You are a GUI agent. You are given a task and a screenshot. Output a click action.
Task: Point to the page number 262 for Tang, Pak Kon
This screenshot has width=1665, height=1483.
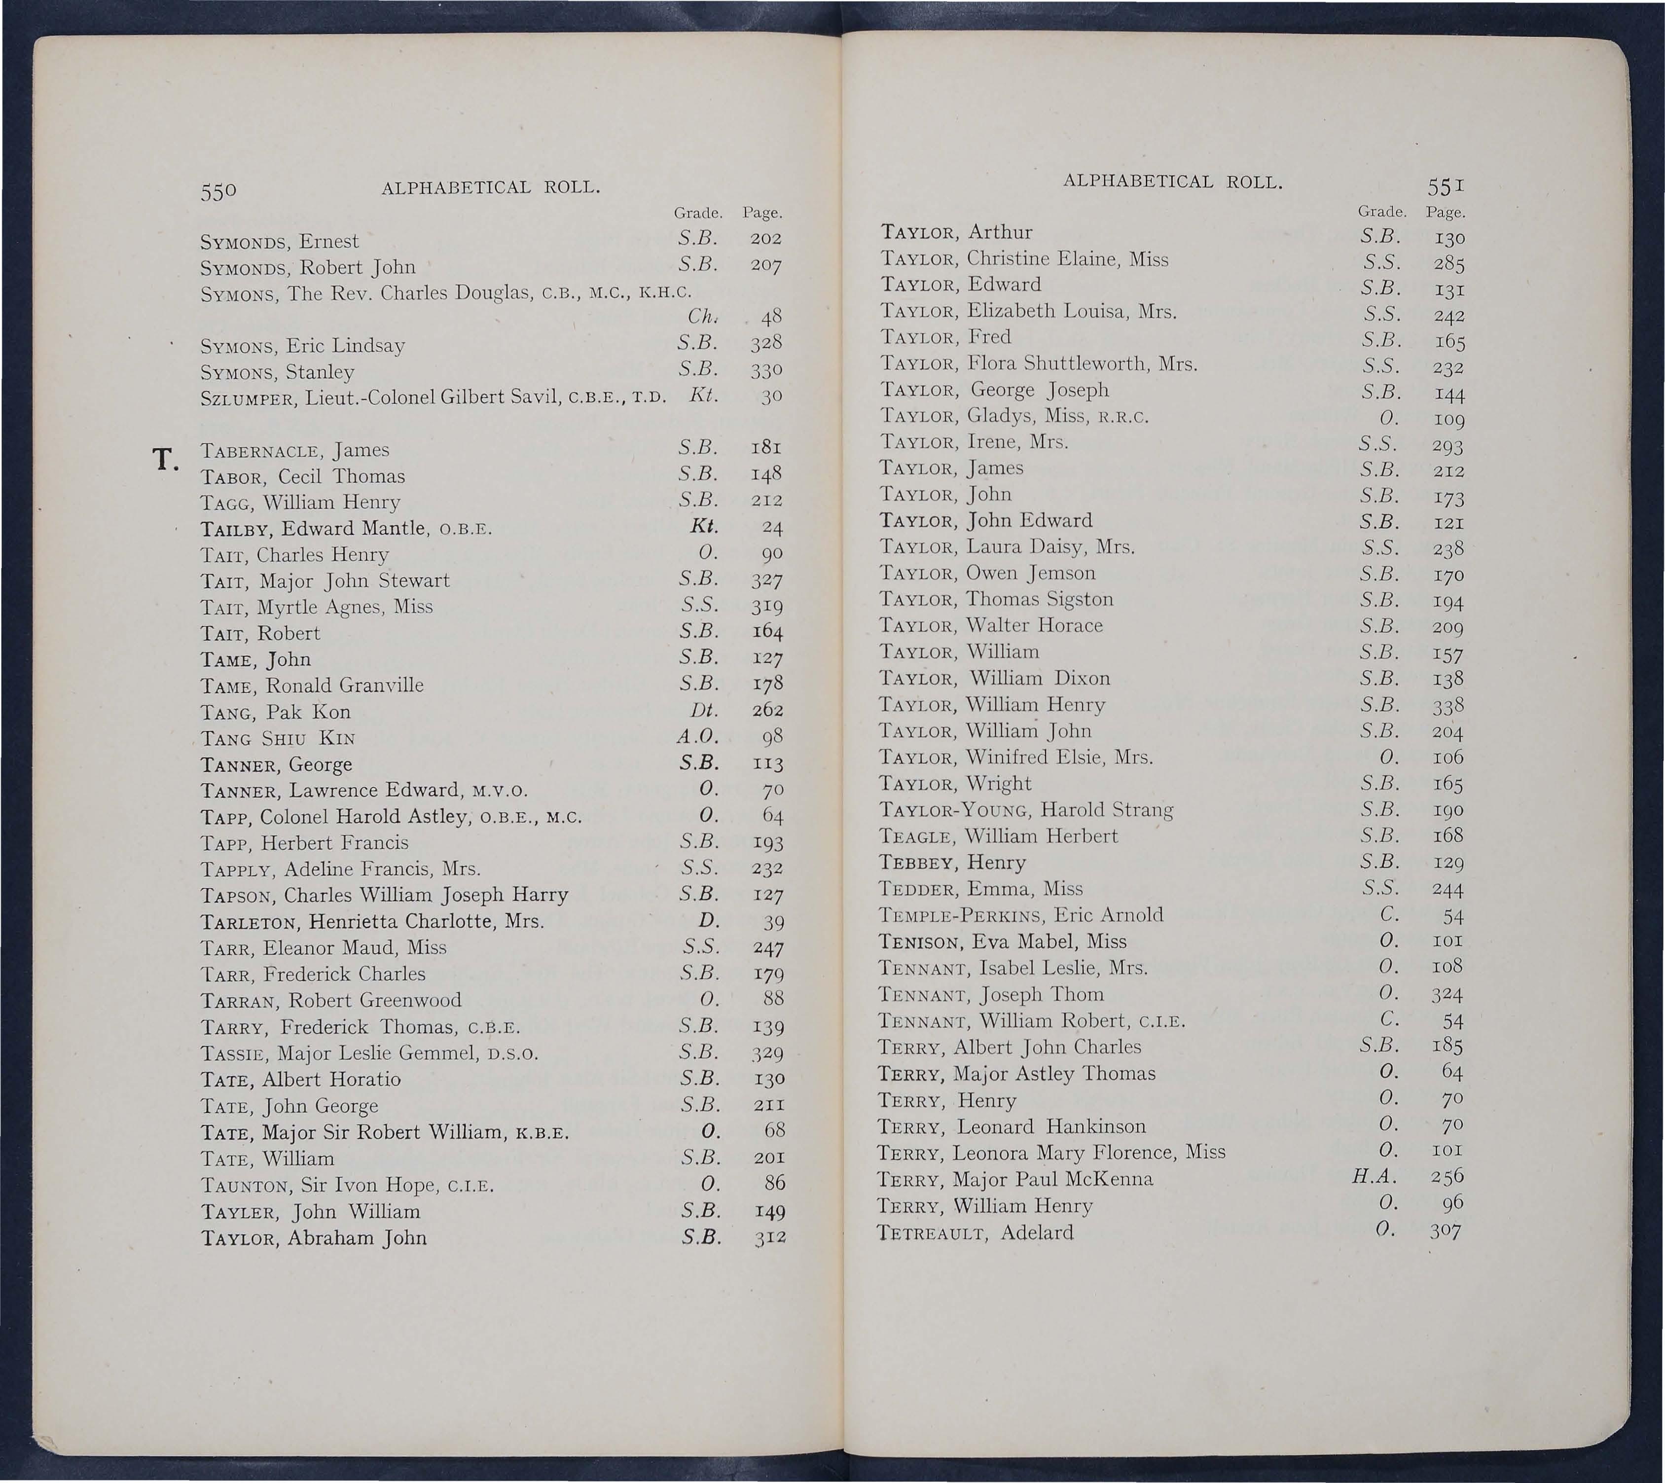(767, 711)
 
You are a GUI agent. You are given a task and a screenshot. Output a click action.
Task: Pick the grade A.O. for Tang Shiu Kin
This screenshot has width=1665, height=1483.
(697, 737)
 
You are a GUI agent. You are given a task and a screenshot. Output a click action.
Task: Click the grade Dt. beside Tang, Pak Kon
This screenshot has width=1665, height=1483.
(702, 711)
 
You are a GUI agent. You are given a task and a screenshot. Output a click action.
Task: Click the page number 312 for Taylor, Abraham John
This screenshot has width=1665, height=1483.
(768, 1238)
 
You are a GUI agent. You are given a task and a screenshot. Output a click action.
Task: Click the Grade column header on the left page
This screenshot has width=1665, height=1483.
(698, 214)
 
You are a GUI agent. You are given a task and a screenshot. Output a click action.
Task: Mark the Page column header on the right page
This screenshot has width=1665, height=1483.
(1446, 213)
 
